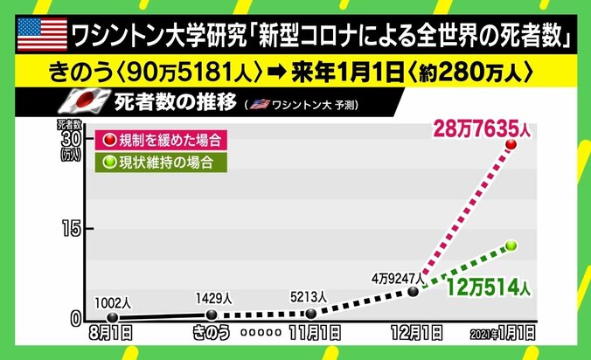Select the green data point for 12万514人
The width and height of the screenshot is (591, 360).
click(511, 246)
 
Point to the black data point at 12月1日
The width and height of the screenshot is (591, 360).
click(414, 291)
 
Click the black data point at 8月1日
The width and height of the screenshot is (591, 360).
click(112, 318)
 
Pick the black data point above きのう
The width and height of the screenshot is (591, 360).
click(211, 315)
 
